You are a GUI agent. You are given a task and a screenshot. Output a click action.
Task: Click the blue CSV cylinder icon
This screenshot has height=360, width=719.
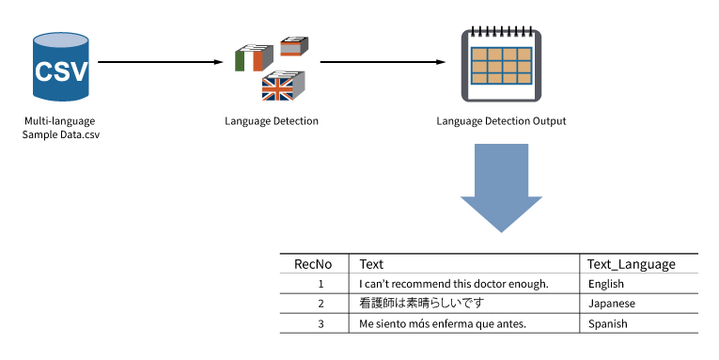click(x=60, y=67)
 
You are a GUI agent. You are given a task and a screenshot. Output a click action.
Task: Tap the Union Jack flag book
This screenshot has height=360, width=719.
click(x=283, y=86)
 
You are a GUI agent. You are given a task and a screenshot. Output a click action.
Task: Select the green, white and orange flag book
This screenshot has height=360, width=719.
click(x=254, y=57)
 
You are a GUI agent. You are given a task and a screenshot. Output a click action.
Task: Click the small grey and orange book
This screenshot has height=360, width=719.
click(x=294, y=46)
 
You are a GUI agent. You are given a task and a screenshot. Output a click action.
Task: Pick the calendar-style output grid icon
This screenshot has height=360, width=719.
click(x=501, y=65)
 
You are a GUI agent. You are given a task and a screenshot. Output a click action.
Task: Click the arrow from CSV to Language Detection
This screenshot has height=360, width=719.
click(x=161, y=62)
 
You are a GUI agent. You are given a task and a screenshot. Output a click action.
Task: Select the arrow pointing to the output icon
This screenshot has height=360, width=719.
click(x=383, y=62)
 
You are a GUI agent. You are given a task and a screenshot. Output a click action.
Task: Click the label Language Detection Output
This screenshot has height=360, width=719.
click(x=501, y=121)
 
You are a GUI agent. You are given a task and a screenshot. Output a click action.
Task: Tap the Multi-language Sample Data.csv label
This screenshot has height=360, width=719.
click(x=60, y=128)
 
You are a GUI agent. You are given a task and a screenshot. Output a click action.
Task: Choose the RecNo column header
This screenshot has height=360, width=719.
click(x=313, y=264)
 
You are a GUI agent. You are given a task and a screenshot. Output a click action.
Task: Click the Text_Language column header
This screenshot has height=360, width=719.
click(x=632, y=265)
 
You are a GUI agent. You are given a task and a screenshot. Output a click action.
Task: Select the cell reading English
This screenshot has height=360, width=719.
click(x=605, y=284)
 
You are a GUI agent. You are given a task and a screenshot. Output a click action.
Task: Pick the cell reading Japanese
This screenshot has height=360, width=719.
click(x=612, y=304)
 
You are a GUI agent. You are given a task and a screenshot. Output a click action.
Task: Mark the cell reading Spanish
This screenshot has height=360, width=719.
click(x=607, y=323)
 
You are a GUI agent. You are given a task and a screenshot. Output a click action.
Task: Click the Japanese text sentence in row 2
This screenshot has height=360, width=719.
click(x=422, y=304)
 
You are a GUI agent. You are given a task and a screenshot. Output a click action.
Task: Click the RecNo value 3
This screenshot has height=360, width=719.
click(x=321, y=323)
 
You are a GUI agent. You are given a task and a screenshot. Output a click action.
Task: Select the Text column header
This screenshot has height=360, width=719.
click(x=371, y=264)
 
